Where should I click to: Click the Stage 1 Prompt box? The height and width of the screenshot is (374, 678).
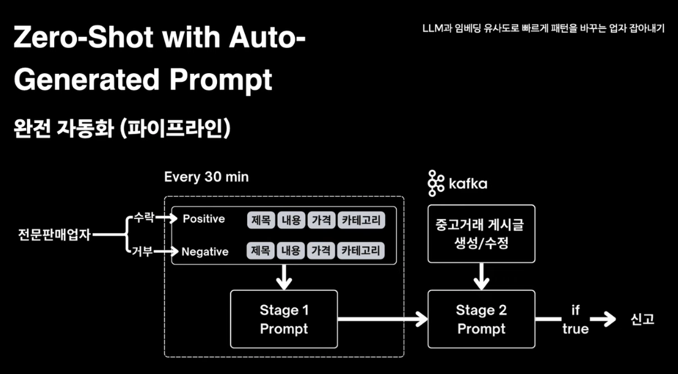pyautogui.click(x=283, y=320)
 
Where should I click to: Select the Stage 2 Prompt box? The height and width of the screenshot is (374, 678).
pyautogui.click(x=481, y=320)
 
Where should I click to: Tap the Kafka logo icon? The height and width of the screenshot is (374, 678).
pyautogui.click(x=436, y=183)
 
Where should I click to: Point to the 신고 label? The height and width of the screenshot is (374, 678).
pyautogui.click(x=642, y=319)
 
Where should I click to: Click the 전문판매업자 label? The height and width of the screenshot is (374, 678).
pyautogui.click(x=54, y=234)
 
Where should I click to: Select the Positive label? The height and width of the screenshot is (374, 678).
pyautogui.click(x=203, y=219)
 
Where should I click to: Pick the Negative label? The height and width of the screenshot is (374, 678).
pyautogui.click(x=205, y=251)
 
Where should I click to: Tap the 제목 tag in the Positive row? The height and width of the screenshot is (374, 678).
pyautogui.click(x=261, y=220)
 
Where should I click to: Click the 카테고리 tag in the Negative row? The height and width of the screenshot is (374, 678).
pyautogui.click(x=361, y=251)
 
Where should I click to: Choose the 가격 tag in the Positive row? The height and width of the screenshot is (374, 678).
pyautogui.click(x=321, y=220)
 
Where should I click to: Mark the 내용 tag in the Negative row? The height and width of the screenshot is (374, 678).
pyautogui.click(x=291, y=251)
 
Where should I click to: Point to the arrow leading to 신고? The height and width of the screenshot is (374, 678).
pyautogui.click(x=603, y=319)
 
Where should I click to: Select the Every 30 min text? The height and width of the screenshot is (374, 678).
pyautogui.click(x=207, y=177)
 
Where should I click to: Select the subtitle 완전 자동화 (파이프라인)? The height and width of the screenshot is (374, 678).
pyautogui.click(x=122, y=129)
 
